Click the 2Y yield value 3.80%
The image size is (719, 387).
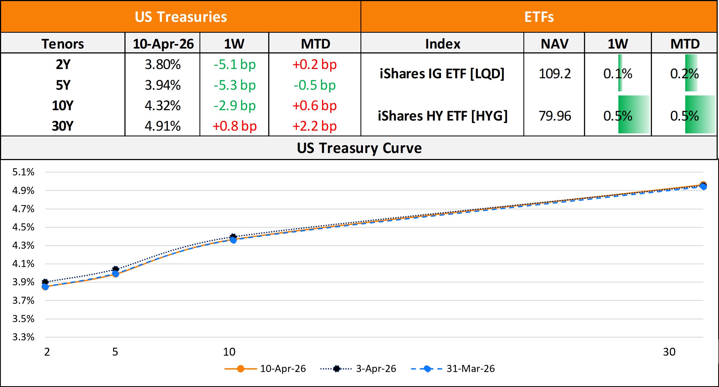[162, 64]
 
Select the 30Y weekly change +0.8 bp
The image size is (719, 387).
[234, 126]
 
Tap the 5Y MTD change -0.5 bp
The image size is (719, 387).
[315, 85]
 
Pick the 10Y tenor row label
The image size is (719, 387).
[62, 106]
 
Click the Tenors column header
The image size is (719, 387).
[62, 44]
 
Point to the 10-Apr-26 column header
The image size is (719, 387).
[163, 44]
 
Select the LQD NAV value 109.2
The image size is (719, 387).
[555, 74]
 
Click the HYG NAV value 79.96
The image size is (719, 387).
[555, 116]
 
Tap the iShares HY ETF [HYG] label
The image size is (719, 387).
[442, 116]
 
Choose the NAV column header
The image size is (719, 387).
[555, 44]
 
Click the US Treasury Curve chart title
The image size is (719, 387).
[359, 148]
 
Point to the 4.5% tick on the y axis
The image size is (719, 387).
[23, 227]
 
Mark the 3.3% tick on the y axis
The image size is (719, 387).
[23, 337]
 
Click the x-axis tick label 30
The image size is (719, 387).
[669, 352]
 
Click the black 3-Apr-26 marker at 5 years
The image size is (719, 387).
[115, 269]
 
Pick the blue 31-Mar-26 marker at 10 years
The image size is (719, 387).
[233, 240]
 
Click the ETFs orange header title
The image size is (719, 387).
[539, 17]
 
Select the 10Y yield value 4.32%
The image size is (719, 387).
[162, 106]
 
